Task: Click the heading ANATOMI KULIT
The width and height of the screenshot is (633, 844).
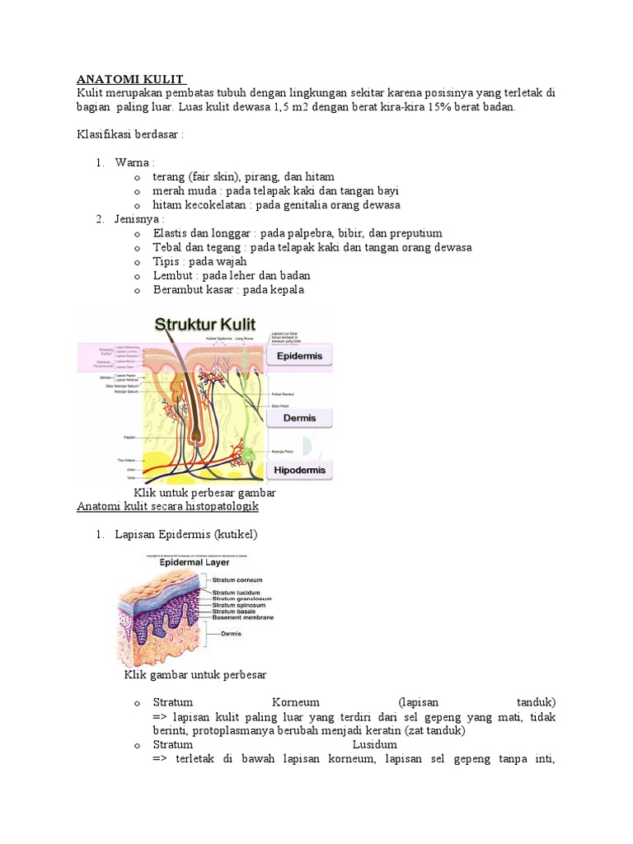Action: [132, 79]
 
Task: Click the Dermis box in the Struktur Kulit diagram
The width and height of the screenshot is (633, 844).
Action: [299, 418]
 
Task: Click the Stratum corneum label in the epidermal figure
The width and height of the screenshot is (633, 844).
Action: [237, 580]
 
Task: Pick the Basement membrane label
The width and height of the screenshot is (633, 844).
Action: [242, 617]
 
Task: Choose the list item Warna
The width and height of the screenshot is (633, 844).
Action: [134, 162]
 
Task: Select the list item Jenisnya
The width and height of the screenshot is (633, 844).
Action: [139, 219]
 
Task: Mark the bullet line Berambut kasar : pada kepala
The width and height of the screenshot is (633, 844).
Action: [228, 289]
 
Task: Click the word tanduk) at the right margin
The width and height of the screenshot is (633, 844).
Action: [536, 702]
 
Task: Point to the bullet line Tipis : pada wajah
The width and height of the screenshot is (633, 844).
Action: [195, 261]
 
